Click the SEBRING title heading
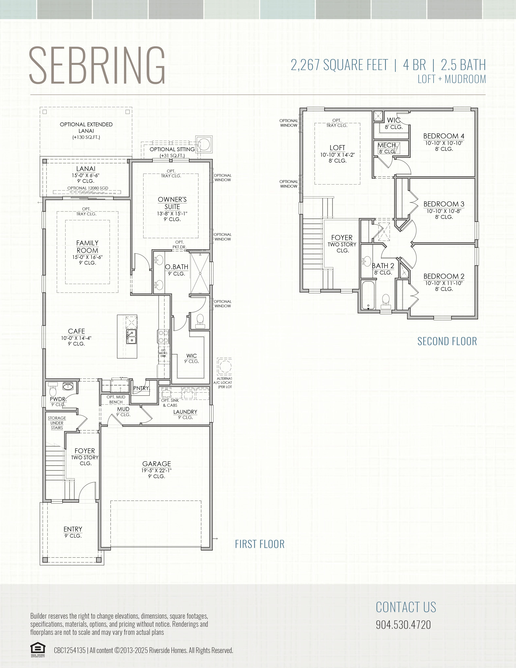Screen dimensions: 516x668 (x=97, y=65)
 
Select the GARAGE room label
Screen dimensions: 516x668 (x=156, y=464)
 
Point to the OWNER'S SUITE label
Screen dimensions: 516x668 (x=172, y=203)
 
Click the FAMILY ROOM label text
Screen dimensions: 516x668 (x=87, y=247)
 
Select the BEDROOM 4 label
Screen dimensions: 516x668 (x=444, y=136)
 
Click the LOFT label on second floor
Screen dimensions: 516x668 (x=337, y=148)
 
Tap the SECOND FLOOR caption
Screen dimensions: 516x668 (x=447, y=341)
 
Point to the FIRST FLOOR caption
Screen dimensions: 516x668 (x=260, y=544)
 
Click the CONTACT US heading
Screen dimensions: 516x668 (x=406, y=607)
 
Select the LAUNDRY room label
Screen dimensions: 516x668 (x=185, y=412)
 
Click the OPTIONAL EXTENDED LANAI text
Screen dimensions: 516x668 (x=86, y=128)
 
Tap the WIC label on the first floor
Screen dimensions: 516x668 (x=192, y=355)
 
